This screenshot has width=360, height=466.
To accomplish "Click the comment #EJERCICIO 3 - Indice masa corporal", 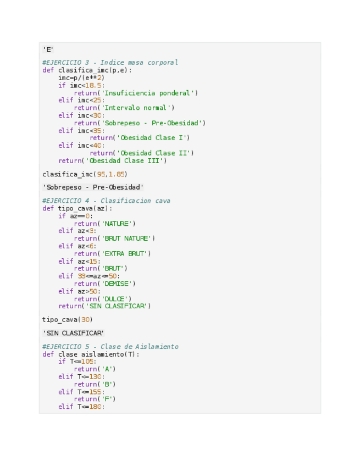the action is pos(110,63).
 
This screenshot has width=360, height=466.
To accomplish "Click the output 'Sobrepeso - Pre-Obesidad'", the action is pos(93,187).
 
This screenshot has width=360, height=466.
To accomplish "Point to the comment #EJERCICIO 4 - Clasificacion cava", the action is pos(106,201).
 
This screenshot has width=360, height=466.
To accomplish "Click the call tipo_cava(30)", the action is pos(67,320).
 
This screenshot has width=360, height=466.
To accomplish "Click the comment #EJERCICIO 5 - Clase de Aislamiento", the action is pos(110,347).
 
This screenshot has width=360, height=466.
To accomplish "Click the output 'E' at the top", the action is pos(48,49).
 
